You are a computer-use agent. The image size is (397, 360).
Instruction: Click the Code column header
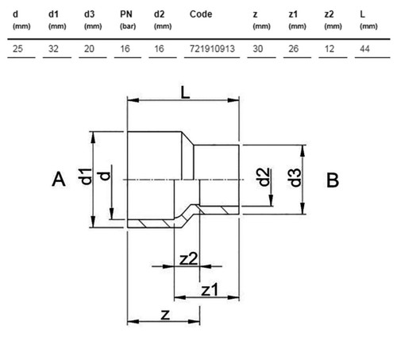tap(201, 14)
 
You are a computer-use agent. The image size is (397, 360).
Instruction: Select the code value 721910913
tap(212, 48)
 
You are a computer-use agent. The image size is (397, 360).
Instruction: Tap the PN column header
tap(126, 14)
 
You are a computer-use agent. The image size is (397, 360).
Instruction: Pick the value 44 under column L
tap(364, 48)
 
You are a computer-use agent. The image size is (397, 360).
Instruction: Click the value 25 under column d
tap(17, 48)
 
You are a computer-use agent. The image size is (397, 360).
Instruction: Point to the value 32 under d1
tap(53, 48)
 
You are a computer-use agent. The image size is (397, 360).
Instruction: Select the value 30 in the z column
tap(257, 48)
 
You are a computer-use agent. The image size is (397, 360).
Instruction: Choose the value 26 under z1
tap(293, 48)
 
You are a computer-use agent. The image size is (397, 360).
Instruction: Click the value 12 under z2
tap(329, 48)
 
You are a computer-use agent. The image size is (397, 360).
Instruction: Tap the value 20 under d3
tap(89, 48)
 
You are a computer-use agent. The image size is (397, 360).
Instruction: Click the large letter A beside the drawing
tap(59, 180)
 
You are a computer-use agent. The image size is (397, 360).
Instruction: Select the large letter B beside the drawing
tap(333, 180)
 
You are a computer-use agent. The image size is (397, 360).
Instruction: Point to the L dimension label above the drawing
tap(185, 93)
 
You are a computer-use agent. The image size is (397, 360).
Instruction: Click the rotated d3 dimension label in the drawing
tap(295, 177)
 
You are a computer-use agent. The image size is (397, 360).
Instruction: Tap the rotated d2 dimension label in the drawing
tap(264, 177)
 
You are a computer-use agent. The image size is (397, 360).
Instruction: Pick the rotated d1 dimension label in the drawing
tap(85, 176)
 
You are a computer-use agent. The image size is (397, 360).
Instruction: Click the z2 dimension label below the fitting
tap(188, 259)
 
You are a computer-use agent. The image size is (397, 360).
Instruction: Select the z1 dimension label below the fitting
tap(210, 289)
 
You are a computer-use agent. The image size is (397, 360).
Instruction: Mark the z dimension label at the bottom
tap(165, 315)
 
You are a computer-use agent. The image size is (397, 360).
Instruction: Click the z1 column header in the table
tap(293, 14)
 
